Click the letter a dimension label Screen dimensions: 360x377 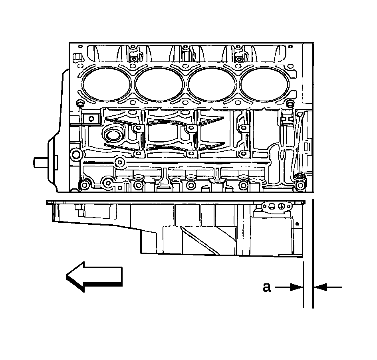pyautogui.click(x=266, y=287)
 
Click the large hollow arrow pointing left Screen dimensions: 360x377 pyautogui.click(x=94, y=276)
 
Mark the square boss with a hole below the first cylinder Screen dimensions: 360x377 pyautogui.click(x=91, y=118)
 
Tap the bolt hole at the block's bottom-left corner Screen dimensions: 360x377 pyautogui.click(x=84, y=185)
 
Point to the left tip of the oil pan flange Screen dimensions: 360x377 pyautogui.click(x=48, y=202)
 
